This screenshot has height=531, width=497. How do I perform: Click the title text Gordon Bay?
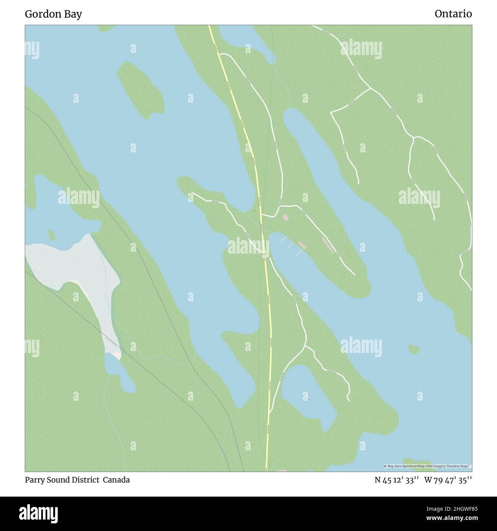pyautogui.click(x=53, y=14)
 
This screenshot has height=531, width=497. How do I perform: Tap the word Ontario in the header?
pyautogui.click(x=453, y=14)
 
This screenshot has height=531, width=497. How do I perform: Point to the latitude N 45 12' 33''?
pyautogui.click(x=396, y=480)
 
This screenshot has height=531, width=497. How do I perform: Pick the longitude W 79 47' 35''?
pyautogui.click(x=448, y=480)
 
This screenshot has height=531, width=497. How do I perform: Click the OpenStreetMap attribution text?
pyautogui.click(x=427, y=466)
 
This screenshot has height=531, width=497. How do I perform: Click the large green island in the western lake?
pyautogui.click(x=140, y=89)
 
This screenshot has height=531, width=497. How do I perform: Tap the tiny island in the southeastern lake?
pyautogui.click(x=414, y=349)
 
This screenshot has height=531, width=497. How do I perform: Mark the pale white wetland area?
pyautogui.click(x=76, y=267)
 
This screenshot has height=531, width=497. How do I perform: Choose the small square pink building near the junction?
pyautogui.click(x=286, y=217)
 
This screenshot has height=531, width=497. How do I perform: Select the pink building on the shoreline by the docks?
pyautogui.click(x=302, y=244)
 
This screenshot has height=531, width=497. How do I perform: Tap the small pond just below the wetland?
pyautogui.click(x=119, y=372)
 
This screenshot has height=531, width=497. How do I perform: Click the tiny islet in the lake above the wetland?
pyautogui.click(x=51, y=234)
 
